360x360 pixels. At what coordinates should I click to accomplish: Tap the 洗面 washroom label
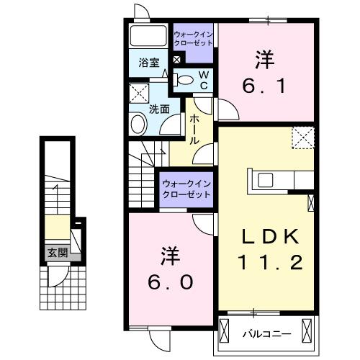point(158,109)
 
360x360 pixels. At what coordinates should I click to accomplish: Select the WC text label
point(204,79)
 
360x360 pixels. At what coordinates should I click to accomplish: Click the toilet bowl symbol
point(184,80)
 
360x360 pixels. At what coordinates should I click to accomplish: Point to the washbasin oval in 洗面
point(137,123)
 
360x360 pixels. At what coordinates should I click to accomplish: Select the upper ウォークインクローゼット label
point(193,38)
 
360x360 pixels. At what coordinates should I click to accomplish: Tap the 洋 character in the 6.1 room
point(265,56)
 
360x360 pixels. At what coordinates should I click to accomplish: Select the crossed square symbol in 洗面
point(138,93)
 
